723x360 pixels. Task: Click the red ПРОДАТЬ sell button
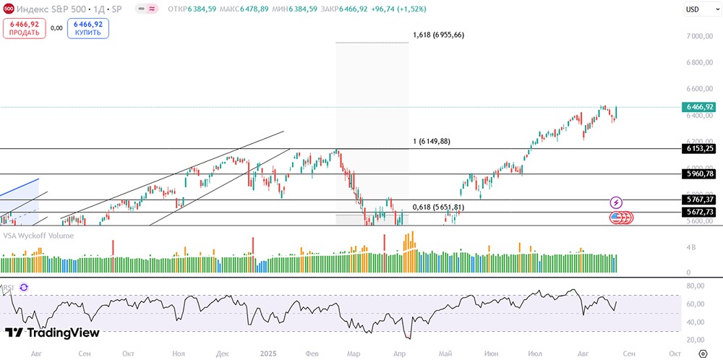tap(25, 28)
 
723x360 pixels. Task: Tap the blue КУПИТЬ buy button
tap(87, 28)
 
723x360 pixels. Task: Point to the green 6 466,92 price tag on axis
tap(698, 107)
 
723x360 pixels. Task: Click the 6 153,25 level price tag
tap(698, 148)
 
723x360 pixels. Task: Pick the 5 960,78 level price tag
tap(698, 173)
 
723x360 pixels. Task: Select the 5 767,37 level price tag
tap(698, 200)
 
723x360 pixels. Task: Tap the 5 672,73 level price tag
tap(698, 212)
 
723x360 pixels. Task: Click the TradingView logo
tap(52, 333)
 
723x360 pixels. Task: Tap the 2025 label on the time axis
tap(269, 352)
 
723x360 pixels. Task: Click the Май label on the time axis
tap(445, 352)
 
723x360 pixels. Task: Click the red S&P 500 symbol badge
tap(8, 9)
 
